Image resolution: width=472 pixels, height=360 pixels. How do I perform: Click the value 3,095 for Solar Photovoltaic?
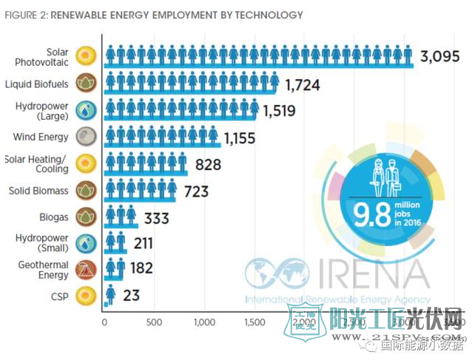[441, 57]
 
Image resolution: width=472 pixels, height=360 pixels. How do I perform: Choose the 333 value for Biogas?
[158, 219]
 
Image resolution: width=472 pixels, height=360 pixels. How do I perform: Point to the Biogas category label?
[53, 218]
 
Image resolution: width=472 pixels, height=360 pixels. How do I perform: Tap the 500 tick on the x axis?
[154, 322]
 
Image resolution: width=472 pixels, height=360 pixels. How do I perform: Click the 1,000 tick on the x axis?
[204, 322]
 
